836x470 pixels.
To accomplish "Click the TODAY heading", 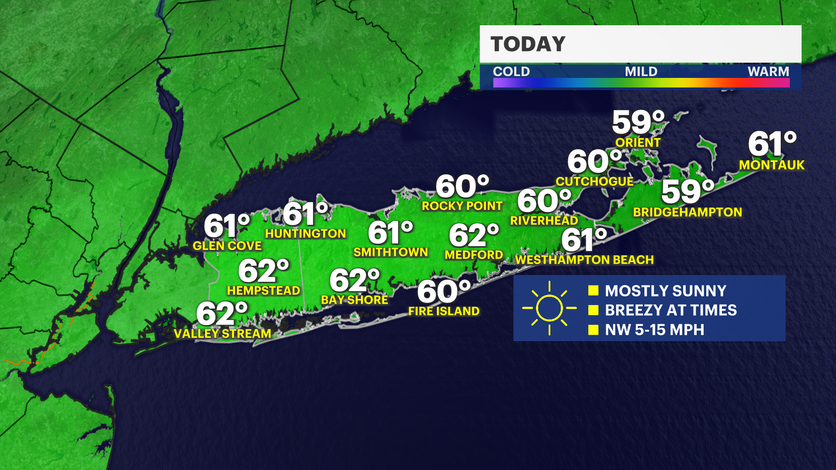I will pyautogui.click(x=528, y=44).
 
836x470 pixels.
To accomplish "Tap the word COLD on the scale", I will pyautogui.click(x=511, y=71).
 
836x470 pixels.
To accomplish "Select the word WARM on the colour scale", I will pyautogui.click(x=768, y=71).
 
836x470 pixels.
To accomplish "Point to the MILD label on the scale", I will pyautogui.click(x=641, y=71).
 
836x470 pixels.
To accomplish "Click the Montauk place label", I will pyautogui.click(x=772, y=165).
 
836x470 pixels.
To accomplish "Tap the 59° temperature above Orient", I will pyautogui.click(x=638, y=122).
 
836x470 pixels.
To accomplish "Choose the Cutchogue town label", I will pyautogui.click(x=594, y=181).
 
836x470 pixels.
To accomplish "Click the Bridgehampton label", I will pyautogui.click(x=687, y=212).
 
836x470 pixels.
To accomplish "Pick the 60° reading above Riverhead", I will pyautogui.click(x=544, y=201).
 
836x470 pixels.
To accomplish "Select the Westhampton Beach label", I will pyautogui.click(x=584, y=260).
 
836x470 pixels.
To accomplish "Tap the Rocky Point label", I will pyautogui.click(x=462, y=206).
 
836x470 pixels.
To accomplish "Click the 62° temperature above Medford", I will pyautogui.click(x=474, y=235).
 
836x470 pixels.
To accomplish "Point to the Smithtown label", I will pyautogui.click(x=391, y=252).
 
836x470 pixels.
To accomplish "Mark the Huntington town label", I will pyautogui.click(x=305, y=234).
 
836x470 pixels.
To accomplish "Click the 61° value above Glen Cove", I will pyautogui.click(x=227, y=226).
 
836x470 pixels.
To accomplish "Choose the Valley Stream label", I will pyautogui.click(x=222, y=334).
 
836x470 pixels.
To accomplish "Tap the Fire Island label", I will pyautogui.click(x=444, y=311).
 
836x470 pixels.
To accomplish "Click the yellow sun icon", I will pyautogui.click(x=549, y=308).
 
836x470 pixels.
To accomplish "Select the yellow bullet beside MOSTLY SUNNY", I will pyautogui.click(x=593, y=291).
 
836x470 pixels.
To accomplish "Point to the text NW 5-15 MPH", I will pyautogui.click(x=654, y=330).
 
